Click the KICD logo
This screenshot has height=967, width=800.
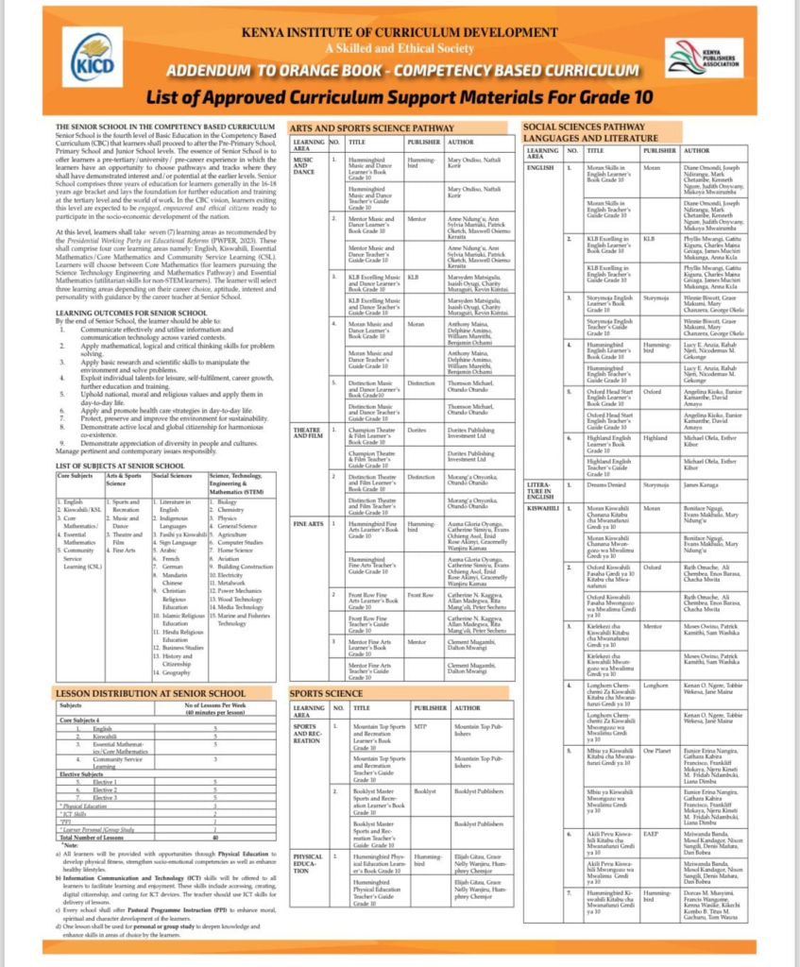pyautogui.click(x=92, y=54)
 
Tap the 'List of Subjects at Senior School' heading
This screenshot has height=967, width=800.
pyautogui.click(x=120, y=466)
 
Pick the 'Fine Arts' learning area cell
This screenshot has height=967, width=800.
pyautogui.click(x=304, y=523)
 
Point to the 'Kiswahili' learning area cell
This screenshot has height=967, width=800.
pyautogui.click(x=541, y=508)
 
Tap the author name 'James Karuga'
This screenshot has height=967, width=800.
pyautogui.click(x=703, y=484)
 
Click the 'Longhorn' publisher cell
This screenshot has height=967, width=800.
pyautogui.click(x=655, y=683)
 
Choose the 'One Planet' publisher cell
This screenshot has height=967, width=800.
pyautogui.click(x=656, y=749)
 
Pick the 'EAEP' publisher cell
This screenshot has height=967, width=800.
pyautogui.click(x=652, y=834)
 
